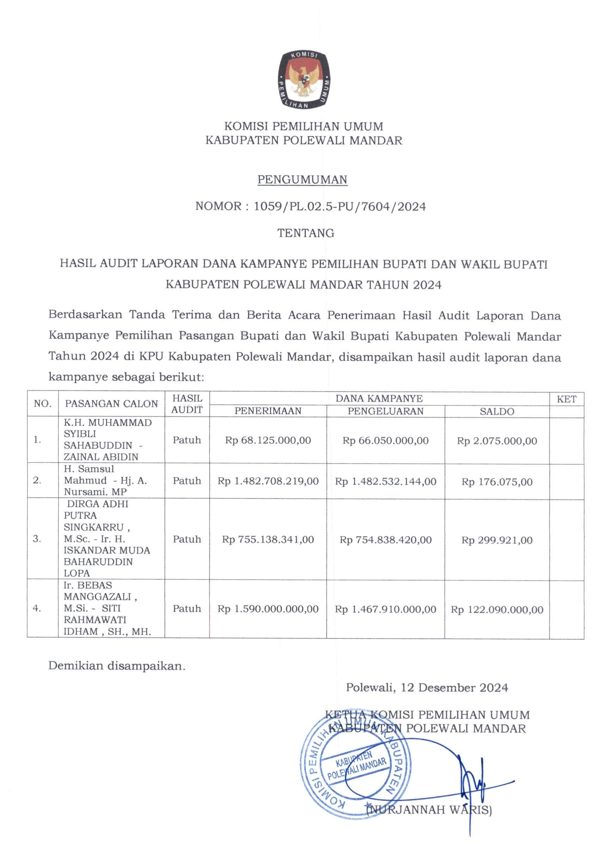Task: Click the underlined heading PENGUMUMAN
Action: pyautogui.click(x=302, y=179)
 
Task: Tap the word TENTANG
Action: pyautogui.click(x=306, y=233)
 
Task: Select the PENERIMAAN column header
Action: pyautogui.click(x=268, y=411)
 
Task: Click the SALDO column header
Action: pyautogui.click(x=496, y=411)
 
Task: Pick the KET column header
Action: pyautogui.click(x=566, y=399)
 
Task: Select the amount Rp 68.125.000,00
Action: pyautogui.click(x=268, y=440)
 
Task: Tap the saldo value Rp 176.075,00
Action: pyautogui.click(x=496, y=482)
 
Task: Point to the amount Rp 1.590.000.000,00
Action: pyautogui.click(x=268, y=609)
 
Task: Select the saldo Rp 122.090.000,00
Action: pyautogui.click(x=496, y=609)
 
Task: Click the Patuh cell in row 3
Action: pyautogui.click(x=186, y=539)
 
